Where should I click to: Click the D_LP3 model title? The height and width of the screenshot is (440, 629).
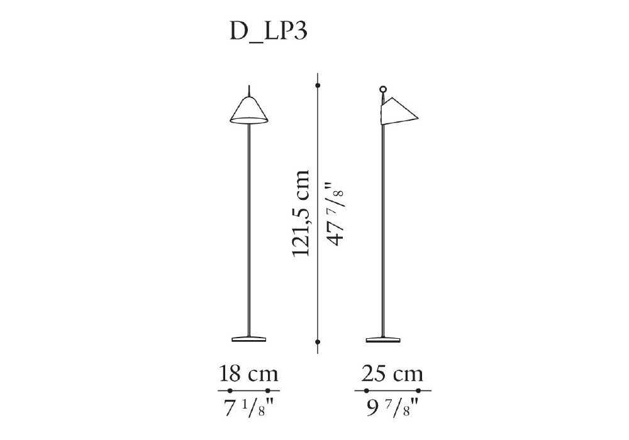(269, 31)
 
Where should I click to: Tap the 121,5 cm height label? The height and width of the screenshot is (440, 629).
(301, 213)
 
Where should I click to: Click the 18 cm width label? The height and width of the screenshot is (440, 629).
(248, 374)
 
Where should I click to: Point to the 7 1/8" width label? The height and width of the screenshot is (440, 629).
(248, 409)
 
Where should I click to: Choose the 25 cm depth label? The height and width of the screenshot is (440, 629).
(392, 374)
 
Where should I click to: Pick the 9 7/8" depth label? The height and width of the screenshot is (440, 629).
(393, 409)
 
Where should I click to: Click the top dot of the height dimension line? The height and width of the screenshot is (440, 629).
(318, 85)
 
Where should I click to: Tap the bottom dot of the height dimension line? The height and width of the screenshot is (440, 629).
(318, 342)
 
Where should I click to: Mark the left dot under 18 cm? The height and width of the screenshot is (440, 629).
(230, 390)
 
